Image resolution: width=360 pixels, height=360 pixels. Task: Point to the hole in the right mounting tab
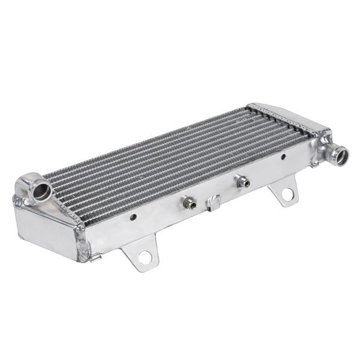(289, 194)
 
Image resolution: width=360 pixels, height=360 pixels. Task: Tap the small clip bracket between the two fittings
(214, 202)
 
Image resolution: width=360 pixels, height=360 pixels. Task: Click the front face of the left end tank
(45, 228)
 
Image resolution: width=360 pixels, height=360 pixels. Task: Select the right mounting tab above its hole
(282, 187)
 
